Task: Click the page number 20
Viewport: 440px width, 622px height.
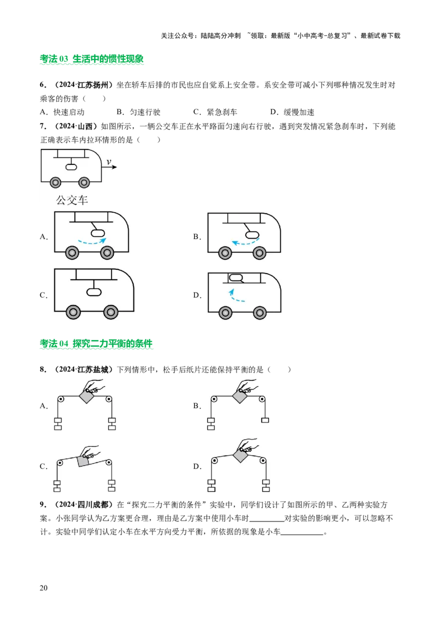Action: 43,587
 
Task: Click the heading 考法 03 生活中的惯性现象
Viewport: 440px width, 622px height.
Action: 92,59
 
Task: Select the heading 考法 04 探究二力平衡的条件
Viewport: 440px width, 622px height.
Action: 96,343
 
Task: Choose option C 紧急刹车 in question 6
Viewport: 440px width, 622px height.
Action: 215,112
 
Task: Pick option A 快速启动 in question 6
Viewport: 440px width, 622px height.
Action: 62,112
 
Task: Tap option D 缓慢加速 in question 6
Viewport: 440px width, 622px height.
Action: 292,112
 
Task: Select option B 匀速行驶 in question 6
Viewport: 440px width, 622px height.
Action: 139,112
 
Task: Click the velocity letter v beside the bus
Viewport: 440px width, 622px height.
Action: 109,162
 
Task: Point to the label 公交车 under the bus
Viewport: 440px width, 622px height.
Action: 72,199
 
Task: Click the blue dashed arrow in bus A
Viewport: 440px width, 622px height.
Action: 92,241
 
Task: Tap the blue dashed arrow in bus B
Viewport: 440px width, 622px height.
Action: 245,242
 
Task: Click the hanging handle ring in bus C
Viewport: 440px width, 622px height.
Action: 94,292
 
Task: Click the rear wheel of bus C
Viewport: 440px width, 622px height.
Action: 74,312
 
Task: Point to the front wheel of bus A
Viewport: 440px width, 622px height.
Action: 107,253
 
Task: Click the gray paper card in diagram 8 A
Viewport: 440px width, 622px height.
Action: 86,396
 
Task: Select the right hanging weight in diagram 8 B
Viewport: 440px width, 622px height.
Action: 265,420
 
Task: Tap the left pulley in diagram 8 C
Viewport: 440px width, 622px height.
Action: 60,463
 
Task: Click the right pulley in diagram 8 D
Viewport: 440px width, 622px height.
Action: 262,460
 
